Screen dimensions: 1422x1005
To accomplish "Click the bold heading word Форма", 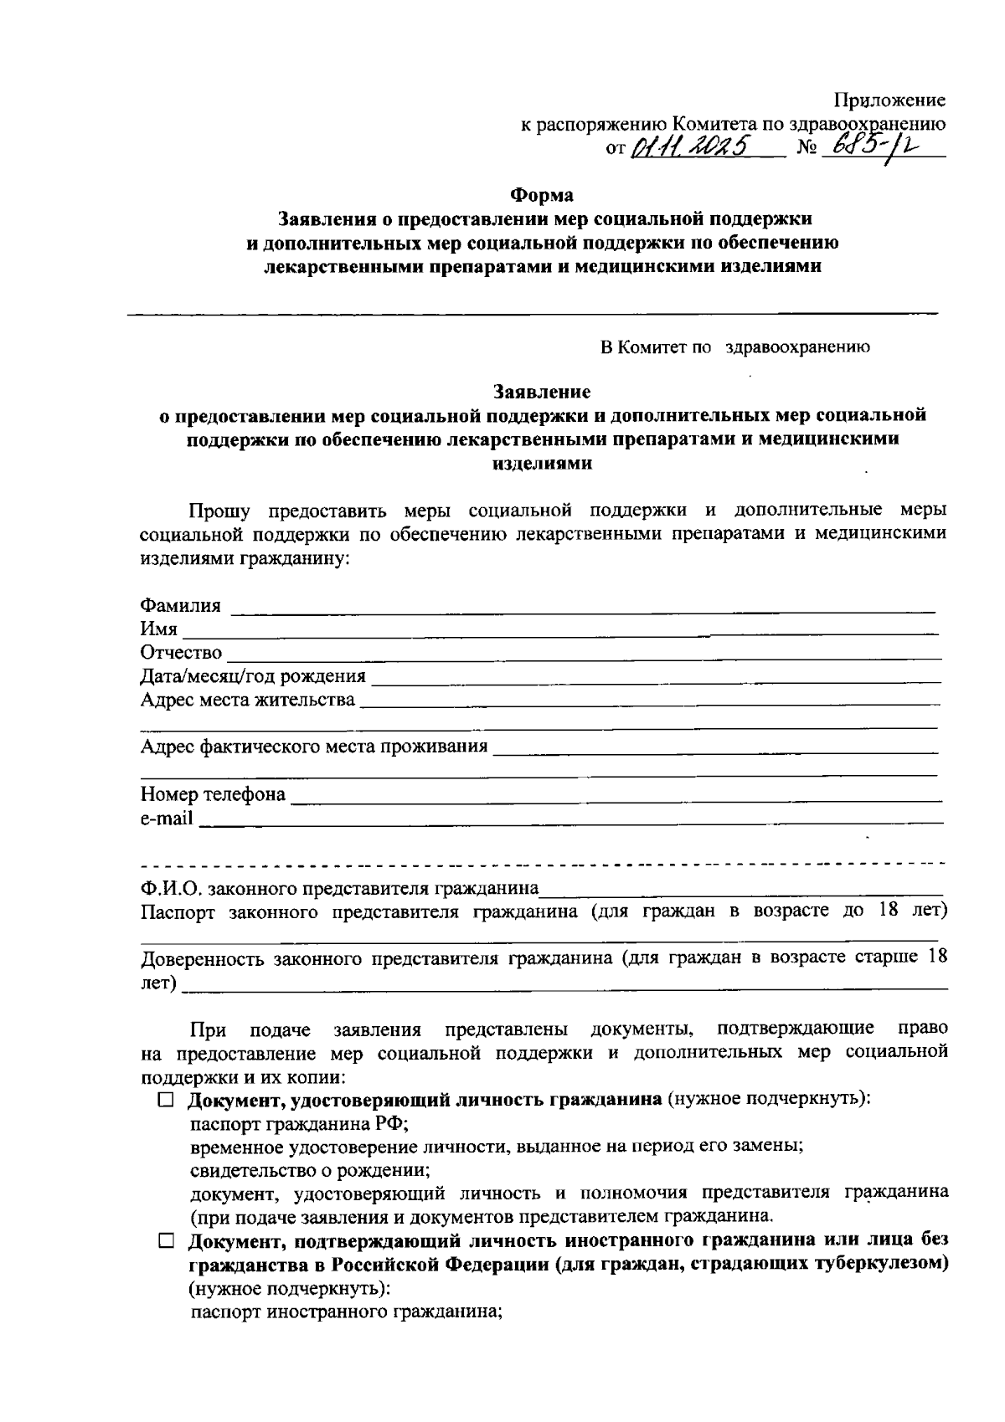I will pos(543,195).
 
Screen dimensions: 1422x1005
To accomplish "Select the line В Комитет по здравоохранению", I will pos(735,347).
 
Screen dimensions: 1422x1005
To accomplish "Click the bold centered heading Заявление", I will pos(543,391).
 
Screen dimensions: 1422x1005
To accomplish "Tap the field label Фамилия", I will pos(181,605).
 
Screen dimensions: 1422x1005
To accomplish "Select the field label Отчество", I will pos(181,652).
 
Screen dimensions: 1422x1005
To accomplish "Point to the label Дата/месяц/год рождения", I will pos(253,675).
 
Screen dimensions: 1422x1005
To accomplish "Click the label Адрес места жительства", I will pos(247,699).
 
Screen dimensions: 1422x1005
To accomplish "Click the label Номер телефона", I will pos(213,793).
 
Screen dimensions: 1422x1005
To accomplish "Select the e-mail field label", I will pos(166,817).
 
